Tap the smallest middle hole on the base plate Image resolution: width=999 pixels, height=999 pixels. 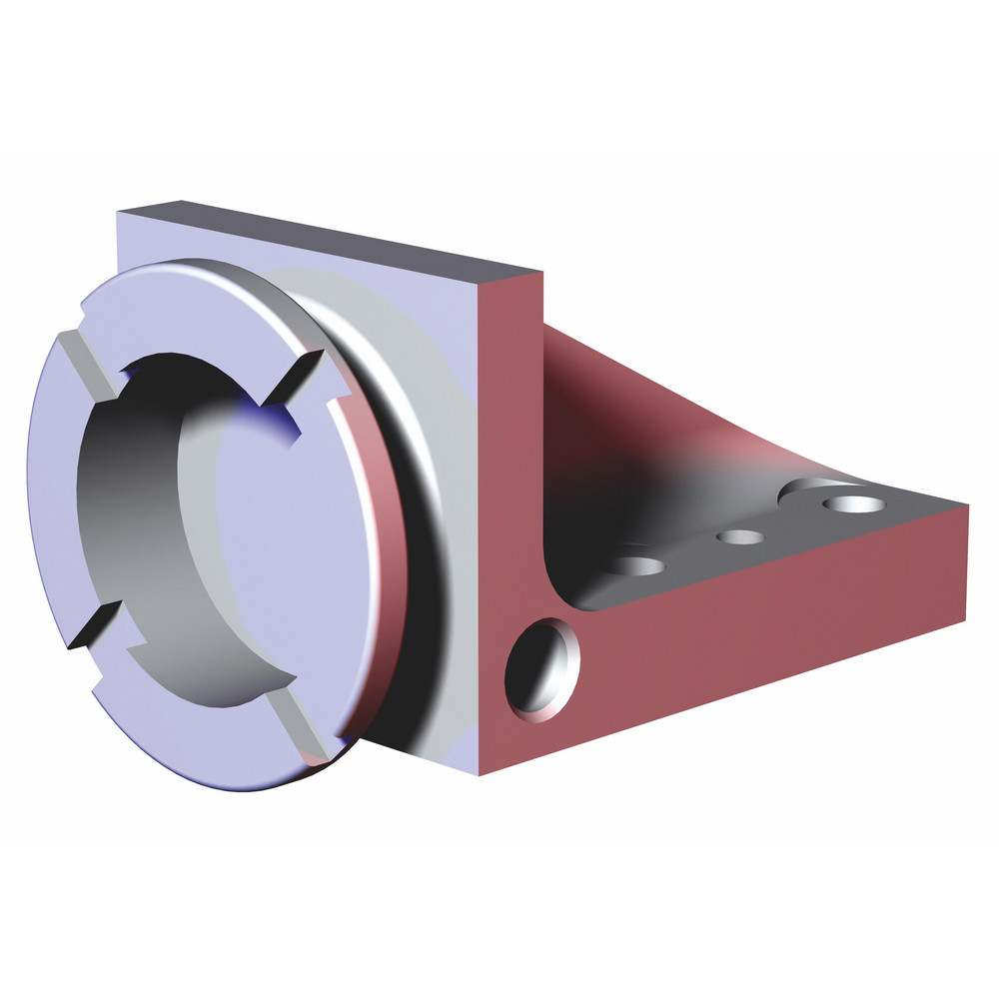coord(740,537)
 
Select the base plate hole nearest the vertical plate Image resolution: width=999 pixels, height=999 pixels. coord(638,566)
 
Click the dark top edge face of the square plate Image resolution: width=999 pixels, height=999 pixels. coord(330,240)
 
